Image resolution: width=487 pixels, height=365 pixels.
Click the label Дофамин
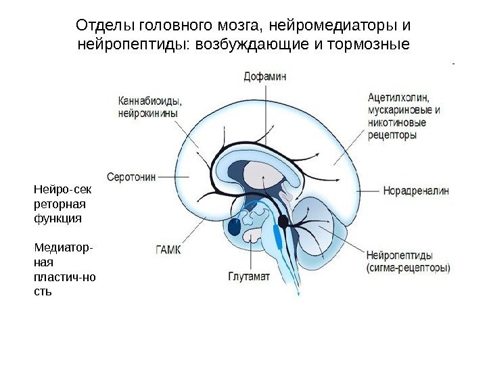265,76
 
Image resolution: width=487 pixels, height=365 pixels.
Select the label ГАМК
169,249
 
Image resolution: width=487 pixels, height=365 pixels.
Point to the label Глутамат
248,276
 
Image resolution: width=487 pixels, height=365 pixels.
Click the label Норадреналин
416,191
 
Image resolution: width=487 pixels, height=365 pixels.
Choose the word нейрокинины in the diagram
147,114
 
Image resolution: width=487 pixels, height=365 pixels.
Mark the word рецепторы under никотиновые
392,135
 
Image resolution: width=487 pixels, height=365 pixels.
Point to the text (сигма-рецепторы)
409,268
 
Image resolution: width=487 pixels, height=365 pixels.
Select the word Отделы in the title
105,26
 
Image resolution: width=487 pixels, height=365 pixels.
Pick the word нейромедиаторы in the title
329,26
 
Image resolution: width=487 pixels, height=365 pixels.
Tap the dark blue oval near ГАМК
235,226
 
